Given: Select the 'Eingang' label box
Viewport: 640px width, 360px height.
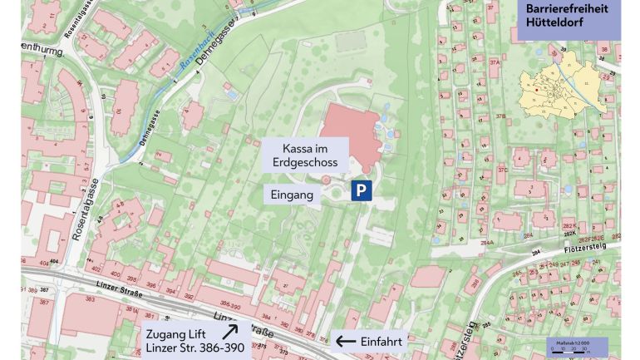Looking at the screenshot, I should click(293, 195).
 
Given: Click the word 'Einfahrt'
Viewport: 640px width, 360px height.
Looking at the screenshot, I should click(382, 341).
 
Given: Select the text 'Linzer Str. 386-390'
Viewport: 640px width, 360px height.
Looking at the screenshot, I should click(195, 348).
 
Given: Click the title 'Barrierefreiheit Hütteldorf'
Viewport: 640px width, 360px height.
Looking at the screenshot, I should click(568, 16).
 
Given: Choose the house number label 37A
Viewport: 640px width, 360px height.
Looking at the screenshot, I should click(495, 62).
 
